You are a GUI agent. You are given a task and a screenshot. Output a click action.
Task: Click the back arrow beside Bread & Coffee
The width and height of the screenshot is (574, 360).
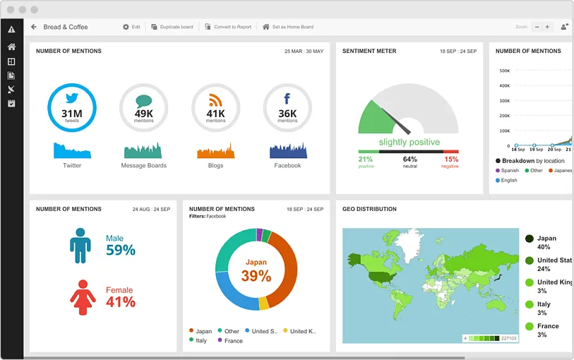click(33, 27)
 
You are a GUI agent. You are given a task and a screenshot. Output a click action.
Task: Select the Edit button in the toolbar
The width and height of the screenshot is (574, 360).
click(131, 27)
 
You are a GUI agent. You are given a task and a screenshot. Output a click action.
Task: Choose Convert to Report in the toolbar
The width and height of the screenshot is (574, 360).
click(228, 27)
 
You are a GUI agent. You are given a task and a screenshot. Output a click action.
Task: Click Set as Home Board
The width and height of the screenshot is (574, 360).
click(288, 27)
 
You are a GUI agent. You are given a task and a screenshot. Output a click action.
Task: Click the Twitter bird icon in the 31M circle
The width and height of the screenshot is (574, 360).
click(72, 98)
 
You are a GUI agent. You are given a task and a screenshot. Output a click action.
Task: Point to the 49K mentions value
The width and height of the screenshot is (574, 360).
click(144, 114)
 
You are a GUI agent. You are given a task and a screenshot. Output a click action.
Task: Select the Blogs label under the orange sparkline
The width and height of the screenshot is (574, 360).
click(215, 165)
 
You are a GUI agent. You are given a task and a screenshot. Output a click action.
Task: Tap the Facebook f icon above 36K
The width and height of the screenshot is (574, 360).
click(287, 99)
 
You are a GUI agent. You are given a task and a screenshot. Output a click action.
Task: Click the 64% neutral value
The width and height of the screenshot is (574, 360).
click(409, 159)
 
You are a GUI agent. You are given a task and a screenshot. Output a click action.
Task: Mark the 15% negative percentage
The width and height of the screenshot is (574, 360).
click(451, 159)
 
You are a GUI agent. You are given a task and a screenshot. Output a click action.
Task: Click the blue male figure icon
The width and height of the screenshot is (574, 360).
click(80, 245)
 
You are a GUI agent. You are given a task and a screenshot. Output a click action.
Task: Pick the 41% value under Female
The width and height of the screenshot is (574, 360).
click(121, 302)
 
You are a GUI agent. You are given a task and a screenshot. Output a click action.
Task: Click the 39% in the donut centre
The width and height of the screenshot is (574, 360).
click(256, 276)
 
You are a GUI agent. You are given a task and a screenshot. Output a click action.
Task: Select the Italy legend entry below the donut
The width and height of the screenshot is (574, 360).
click(201, 340)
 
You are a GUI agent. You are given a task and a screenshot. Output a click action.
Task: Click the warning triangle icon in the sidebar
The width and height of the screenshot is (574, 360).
click(11, 30)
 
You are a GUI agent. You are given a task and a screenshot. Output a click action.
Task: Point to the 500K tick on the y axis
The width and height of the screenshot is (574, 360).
click(504, 71)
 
